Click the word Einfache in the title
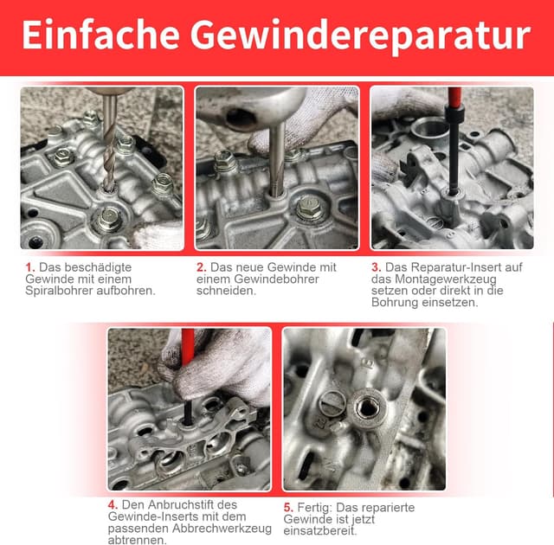click(x=100, y=35)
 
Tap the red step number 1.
click(x=29, y=267)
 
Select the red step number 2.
click(x=202, y=267)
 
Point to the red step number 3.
click(x=377, y=267)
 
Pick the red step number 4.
click(x=113, y=504)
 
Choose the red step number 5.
click(x=288, y=508)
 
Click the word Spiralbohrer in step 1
click(x=60, y=292)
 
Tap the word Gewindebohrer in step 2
click(x=276, y=279)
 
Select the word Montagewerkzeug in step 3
click(x=446, y=279)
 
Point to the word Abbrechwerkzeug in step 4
click(x=222, y=529)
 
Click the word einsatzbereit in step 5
click(x=319, y=531)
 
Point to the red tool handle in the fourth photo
click(x=188, y=349)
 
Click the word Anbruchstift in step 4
click(x=179, y=504)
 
